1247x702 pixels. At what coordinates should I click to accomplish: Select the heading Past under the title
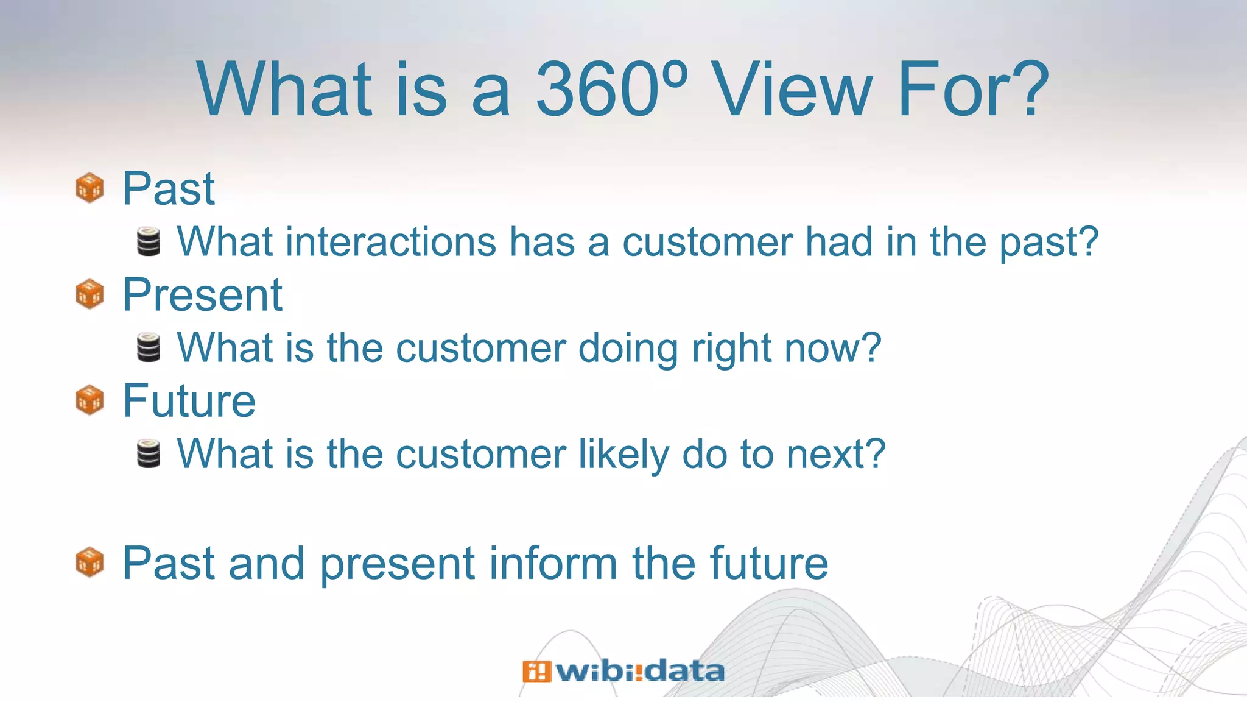click(169, 188)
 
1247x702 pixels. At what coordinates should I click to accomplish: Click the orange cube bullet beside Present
click(90, 294)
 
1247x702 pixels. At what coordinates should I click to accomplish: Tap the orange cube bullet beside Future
click(90, 400)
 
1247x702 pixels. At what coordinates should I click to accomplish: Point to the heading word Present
click(202, 295)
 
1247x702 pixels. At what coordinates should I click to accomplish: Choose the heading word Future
click(189, 401)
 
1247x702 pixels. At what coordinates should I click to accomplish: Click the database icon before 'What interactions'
click(149, 242)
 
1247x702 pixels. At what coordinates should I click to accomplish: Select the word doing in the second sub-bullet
click(628, 349)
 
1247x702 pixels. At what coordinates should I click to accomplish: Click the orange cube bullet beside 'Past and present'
click(90, 562)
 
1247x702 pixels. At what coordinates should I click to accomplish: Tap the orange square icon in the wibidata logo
click(536, 672)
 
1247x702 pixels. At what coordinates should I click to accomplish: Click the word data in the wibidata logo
click(684, 672)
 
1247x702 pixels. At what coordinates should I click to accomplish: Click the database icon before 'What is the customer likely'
click(149, 454)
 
